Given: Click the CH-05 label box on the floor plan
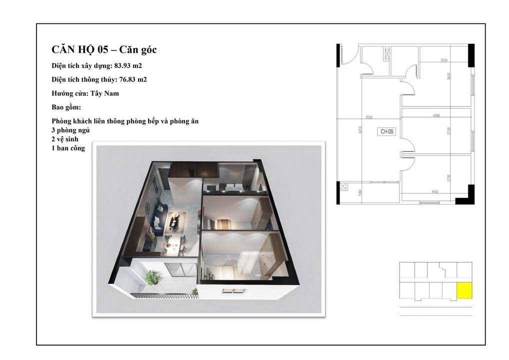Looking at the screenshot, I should tap(387, 131).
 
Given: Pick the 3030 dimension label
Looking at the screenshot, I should tap(444, 60).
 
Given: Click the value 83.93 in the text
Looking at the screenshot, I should tap(123, 65).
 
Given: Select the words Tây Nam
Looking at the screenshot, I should tap(109, 93).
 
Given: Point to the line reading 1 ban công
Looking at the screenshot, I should tap(68, 148).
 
